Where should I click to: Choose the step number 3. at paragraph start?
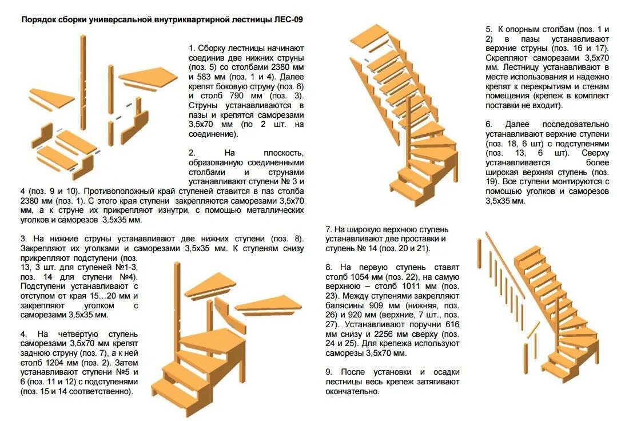pos(24,239)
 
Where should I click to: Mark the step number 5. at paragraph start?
pos(489,29)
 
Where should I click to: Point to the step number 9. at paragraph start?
pos(329,372)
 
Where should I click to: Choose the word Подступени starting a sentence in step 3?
pos(44,286)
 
